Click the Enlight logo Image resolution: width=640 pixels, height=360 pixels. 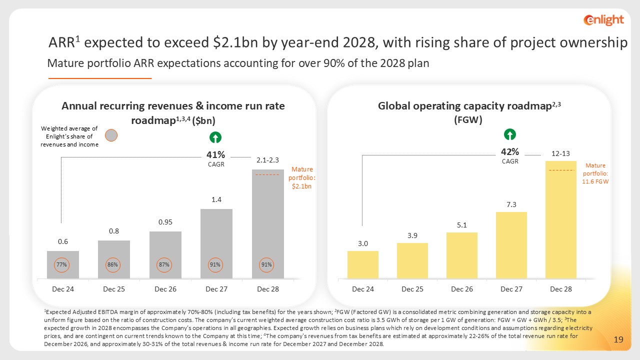tap(603, 20)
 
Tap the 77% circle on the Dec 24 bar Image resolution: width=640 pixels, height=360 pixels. tap(61, 265)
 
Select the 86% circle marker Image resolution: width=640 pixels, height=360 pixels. tap(112, 265)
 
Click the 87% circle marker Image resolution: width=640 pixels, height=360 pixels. tap(164, 265)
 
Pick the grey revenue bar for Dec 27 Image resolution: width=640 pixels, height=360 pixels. tap(216, 243)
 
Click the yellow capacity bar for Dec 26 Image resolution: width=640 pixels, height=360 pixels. tap(461, 255)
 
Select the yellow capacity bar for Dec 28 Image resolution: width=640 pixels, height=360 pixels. tap(561, 219)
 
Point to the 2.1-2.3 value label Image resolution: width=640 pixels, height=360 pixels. tap(267, 160)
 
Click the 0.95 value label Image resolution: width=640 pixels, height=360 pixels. tap(165, 222)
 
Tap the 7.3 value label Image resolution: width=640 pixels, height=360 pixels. tap(511, 204)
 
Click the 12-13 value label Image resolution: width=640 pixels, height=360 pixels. tap(560, 153)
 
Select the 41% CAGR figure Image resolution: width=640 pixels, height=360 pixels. tap(215, 154)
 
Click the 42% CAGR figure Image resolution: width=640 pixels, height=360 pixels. tap(510, 151)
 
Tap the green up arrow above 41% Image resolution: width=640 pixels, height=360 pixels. tap(215, 137)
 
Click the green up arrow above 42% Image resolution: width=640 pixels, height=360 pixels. tap(509, 134)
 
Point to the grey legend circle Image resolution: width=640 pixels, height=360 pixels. tap(111, 135)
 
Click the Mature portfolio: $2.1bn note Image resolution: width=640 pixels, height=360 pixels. tap(302, 177)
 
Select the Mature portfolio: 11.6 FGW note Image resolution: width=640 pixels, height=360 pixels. tap(595, 173)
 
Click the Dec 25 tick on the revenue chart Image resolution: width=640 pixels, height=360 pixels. tap(113, 289)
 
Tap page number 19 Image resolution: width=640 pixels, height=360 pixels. tap(618, 339)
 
